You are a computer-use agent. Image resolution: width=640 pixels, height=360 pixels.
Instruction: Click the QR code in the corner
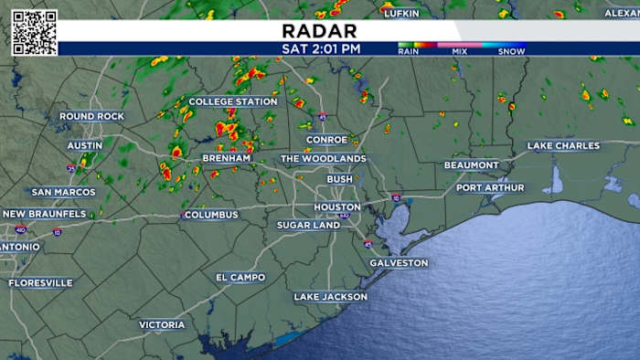(34, 32)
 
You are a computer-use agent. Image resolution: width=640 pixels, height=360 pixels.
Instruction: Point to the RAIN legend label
(409, 51)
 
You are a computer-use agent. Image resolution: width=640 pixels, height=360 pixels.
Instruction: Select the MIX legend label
(460, 51)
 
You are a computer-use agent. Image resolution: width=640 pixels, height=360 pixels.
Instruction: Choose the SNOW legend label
(511, 51)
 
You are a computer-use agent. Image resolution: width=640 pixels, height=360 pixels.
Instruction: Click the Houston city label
(336, 206)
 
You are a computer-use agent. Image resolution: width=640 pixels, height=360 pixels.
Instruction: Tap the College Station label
(232, 101)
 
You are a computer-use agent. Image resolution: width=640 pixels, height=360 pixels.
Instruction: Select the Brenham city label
(227, 158)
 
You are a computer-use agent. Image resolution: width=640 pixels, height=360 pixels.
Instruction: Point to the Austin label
(84, 145)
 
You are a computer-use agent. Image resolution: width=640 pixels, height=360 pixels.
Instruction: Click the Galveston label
(399, 263)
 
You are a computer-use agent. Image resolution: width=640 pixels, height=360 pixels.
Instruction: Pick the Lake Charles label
(563, 146)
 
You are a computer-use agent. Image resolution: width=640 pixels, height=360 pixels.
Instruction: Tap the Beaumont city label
(472, 165)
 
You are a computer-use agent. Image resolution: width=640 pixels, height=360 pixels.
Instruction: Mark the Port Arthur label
(491, 187)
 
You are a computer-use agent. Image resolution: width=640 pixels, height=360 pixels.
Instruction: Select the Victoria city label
(162, 324)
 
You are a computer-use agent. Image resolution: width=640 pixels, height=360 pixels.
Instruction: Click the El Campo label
(240, 277)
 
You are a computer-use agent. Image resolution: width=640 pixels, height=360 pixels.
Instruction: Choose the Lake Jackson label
(330, 297)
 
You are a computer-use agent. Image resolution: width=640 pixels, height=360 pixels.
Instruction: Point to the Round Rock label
(91, 116)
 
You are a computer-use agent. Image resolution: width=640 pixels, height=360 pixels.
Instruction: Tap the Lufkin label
(401, 13)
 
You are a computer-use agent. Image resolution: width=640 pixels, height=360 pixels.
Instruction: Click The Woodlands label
(323, 158)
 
